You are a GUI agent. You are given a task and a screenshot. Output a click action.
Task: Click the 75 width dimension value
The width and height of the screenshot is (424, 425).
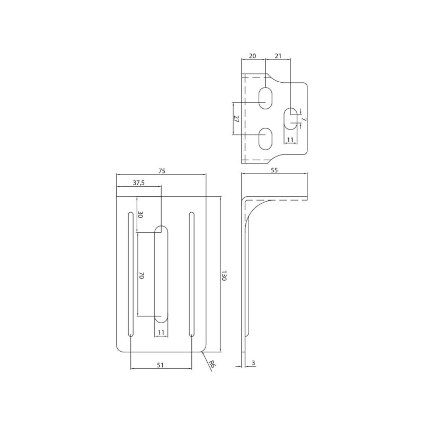[x=162, y=171]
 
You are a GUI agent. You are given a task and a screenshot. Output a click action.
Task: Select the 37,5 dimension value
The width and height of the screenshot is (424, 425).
[x=139, y=183]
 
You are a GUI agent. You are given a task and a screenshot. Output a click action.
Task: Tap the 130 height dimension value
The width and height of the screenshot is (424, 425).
[x=224, y=275]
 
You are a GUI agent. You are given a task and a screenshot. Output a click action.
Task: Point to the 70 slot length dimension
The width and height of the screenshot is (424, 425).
[x=142, y=276]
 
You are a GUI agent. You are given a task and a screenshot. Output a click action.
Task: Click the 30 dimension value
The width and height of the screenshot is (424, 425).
[x=140, y=215]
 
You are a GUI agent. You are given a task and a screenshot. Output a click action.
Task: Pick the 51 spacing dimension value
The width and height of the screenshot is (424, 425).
[x=161, y=365]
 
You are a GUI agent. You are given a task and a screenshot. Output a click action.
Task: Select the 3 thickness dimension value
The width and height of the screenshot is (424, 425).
[x=253, y=363]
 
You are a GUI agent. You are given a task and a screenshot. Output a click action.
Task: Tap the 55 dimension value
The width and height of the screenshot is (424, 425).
[x=274, y=170]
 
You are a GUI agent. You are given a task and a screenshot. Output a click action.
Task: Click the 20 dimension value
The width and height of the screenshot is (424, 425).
[x=252, y=56]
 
